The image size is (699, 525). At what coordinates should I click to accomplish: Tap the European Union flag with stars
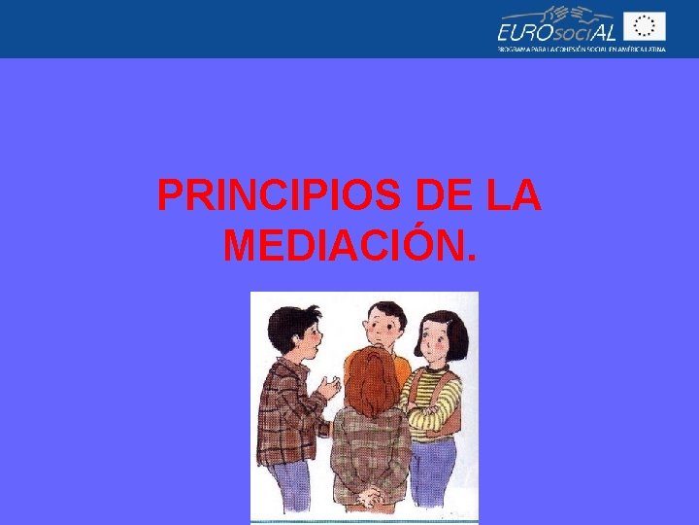click(644, 26)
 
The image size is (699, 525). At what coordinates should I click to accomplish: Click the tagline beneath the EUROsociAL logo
click(581, 50)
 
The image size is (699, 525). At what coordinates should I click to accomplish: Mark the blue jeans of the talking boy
click(291, 487)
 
